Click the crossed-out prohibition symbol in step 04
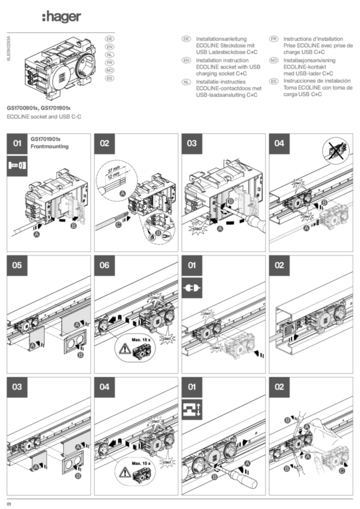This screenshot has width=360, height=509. [336, 150]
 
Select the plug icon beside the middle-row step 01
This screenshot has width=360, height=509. [192, 288]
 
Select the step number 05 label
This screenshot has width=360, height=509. [17, 265]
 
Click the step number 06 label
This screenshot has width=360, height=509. [104, 265]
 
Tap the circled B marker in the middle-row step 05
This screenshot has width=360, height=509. [80, 355]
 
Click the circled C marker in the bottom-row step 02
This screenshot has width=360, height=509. [342, 469]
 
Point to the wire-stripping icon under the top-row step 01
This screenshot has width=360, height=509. [17, 165]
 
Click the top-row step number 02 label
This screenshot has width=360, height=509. [104, 144]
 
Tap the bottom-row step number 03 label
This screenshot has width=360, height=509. [17, 386]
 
